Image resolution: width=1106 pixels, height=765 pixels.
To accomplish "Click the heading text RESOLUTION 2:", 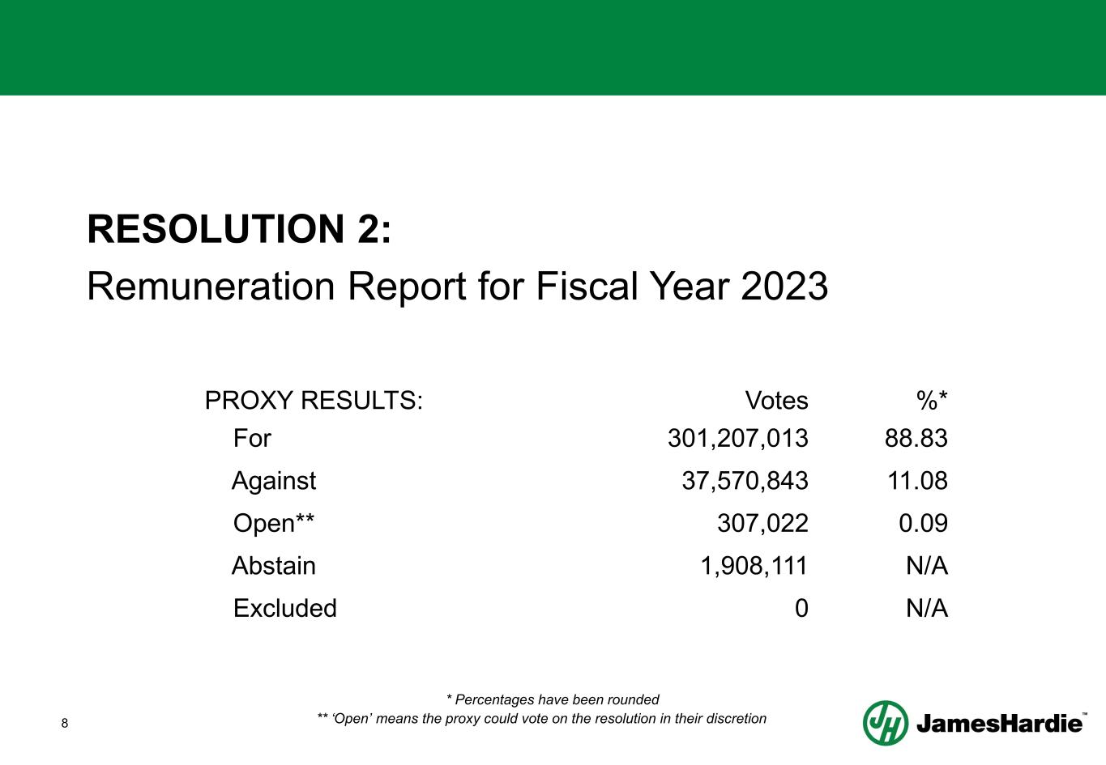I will (x=239, y=229).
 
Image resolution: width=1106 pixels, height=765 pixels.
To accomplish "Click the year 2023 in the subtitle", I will (x=784, y=287).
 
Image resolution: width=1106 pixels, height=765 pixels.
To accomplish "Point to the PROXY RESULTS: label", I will (x=314, y=400).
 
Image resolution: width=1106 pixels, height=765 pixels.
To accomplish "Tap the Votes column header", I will (x=776, y=400).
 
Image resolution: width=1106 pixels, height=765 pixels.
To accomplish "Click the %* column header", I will (x=932, y=400).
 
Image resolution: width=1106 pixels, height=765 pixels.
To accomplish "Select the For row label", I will (x=252, y=439).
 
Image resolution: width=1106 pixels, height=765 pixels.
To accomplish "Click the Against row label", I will (x=274, y=481).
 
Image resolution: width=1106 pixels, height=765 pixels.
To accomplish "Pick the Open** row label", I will (x=274, y=523).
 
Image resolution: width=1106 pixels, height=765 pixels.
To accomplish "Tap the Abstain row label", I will (x=274, y=565).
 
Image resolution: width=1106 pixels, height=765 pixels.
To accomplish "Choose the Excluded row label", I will (x=284, y=608).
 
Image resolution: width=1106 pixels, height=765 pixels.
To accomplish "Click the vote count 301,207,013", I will (x=737, y=439).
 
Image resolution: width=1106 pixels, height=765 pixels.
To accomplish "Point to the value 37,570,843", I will (x=745, y=481).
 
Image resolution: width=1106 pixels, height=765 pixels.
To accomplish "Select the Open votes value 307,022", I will (x=762, y=523).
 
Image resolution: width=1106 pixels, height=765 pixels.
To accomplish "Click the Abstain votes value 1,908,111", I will (x=754, y=565).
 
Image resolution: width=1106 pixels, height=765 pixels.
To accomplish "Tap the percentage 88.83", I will (x=916, y=439).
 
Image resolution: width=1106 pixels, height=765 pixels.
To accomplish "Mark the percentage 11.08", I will (x=917, y=481).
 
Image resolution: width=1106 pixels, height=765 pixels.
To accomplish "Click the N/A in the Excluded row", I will (x=926, y=608).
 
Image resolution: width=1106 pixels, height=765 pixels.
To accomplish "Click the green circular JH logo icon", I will (x=885, y=722).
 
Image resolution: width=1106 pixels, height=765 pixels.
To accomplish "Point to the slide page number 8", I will (x=66, y=723).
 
